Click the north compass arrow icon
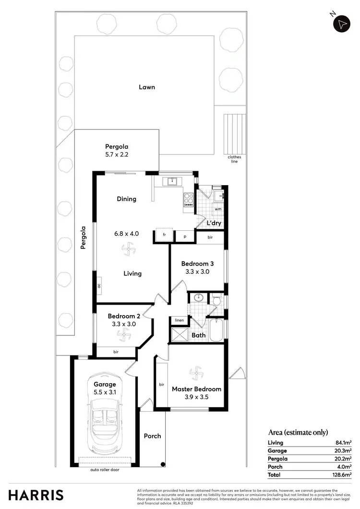point(342,24)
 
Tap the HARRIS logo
point(36,495)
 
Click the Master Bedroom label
point(196,389)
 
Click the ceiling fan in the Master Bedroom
point(196,373)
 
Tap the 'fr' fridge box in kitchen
point(164,235)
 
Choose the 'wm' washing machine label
point(217,209)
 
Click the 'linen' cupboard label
point(180,320)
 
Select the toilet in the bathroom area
point(216,300)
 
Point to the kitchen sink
point(171,181)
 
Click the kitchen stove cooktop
point(188,200)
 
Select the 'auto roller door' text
point(104,470)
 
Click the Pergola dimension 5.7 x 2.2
point(117,155)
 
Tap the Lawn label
point(147,87)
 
